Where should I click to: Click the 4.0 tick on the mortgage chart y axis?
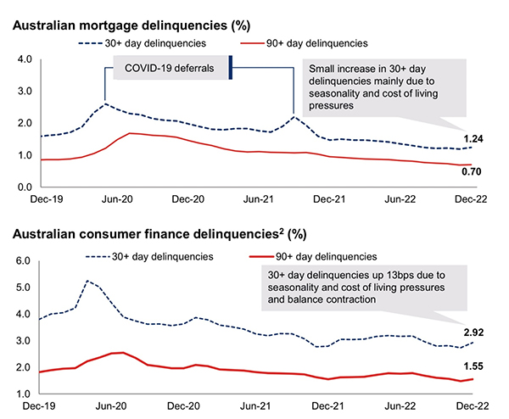click(24, 59)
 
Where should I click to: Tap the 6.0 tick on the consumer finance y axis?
click(24, 261)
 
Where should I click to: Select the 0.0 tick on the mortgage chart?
click(24, 187)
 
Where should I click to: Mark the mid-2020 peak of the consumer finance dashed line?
click(88, 281)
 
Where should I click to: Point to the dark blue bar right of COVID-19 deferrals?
click(230, 68)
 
